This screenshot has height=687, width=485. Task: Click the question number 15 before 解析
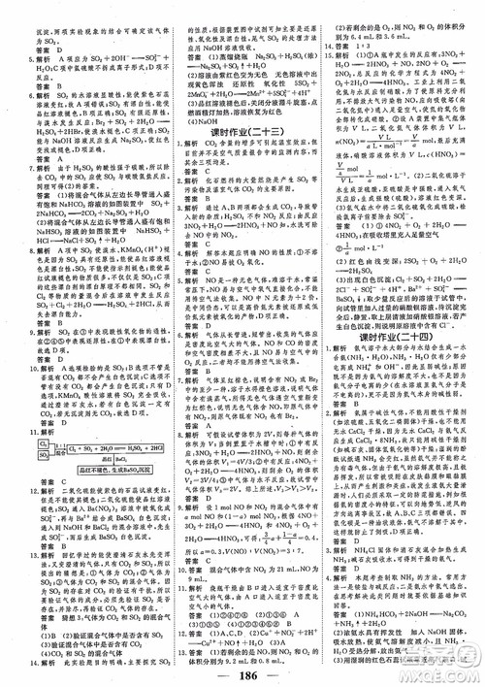(327, 84)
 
